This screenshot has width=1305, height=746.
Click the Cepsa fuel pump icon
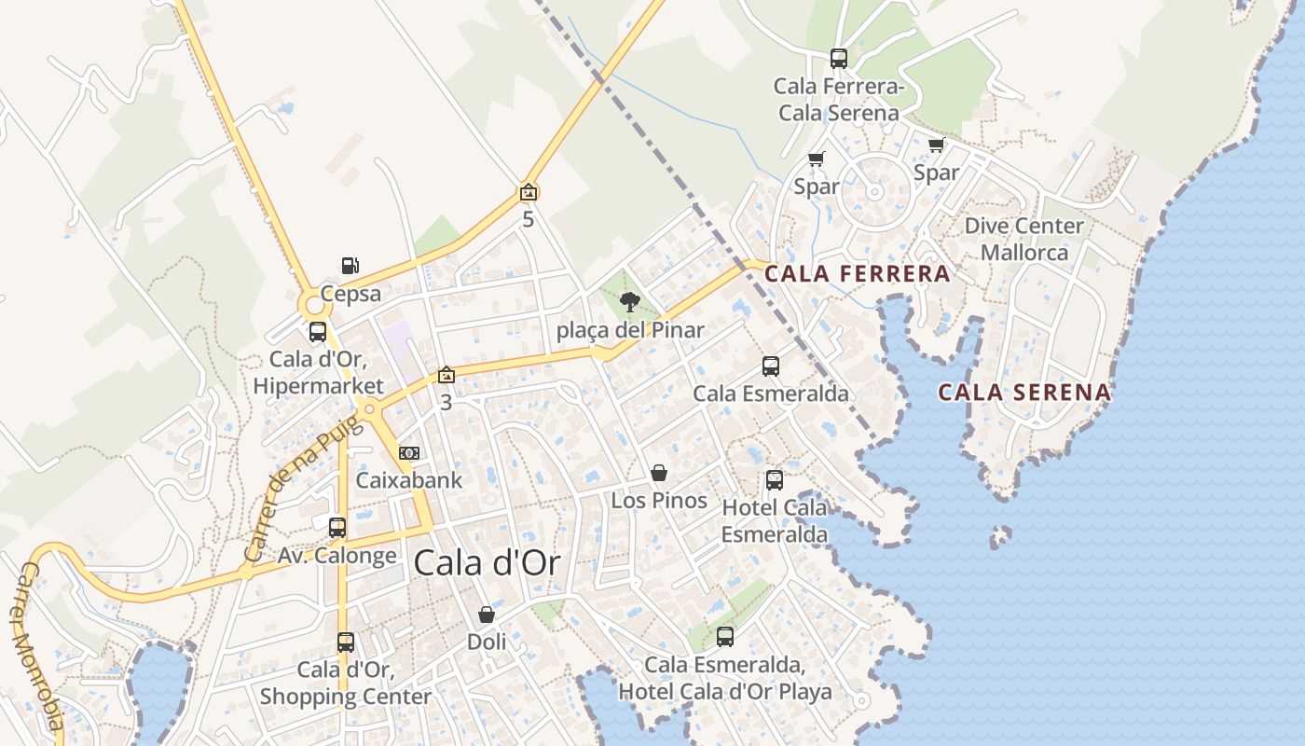350,267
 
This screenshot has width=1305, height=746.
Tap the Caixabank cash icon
408,453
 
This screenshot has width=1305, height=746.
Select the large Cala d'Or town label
487,563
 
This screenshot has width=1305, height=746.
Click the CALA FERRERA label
857,274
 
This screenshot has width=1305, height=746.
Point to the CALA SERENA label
1024,393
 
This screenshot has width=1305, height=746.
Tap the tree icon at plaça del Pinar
630,301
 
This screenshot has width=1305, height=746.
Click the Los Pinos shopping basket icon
659,473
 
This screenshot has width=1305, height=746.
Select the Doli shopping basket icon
487,615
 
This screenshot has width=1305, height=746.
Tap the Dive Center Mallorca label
1024,240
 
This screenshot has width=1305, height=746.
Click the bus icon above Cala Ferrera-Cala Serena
839,59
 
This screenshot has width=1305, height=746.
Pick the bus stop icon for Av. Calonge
337,528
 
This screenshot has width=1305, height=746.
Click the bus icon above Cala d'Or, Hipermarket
318,332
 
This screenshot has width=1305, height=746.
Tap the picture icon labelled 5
529,193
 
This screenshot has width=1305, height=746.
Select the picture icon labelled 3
446,375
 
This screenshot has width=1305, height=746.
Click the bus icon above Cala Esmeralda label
771,366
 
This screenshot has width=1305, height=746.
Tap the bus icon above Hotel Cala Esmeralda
775,480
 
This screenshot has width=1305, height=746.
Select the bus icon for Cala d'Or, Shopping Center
346,642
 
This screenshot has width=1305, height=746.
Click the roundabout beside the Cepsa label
311,304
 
